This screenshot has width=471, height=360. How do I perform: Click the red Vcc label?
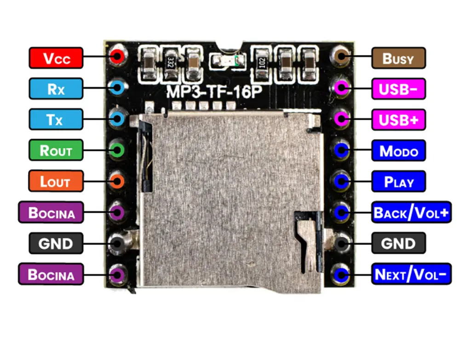point(56,58)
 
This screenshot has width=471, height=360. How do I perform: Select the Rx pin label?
point(56,89)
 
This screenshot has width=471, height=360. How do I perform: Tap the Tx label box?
point(56,120)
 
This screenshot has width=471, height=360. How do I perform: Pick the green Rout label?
point(56,150)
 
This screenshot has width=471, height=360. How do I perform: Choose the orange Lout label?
point(56,181)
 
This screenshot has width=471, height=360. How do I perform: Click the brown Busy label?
point(398,58)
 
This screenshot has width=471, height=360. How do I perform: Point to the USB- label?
point(398,89)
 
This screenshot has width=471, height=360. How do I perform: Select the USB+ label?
point(398,120)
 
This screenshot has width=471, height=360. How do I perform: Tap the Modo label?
point(398,150)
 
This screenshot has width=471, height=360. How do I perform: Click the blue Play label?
point(398,181)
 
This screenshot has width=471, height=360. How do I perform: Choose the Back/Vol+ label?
point(411,212)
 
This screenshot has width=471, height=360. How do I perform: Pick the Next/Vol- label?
point(411,274)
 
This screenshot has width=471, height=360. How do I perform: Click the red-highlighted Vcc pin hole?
point(117,57)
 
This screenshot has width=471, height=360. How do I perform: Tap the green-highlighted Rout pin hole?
point(117,150)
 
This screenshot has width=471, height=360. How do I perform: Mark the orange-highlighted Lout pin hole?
point(117,181)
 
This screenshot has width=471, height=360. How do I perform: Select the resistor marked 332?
point(170,62)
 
